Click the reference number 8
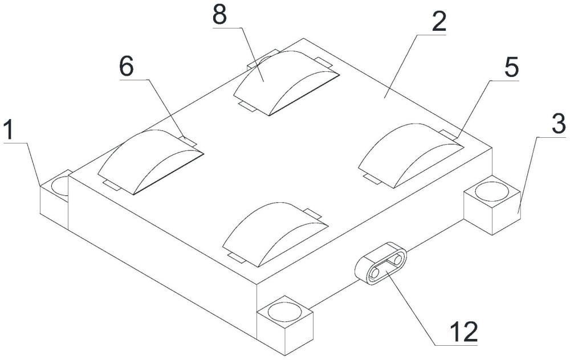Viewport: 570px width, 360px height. pos(219,15)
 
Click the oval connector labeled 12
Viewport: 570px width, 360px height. pos(381,262)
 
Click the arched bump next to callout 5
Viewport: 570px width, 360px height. pos(412,155)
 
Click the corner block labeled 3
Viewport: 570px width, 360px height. pos(492,204)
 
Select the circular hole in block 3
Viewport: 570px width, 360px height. pos(492,192)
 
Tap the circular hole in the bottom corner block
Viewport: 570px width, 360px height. pos(284,313)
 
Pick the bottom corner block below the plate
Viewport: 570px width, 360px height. pos(284,325)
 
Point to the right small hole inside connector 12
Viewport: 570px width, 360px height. pos(398,260)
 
